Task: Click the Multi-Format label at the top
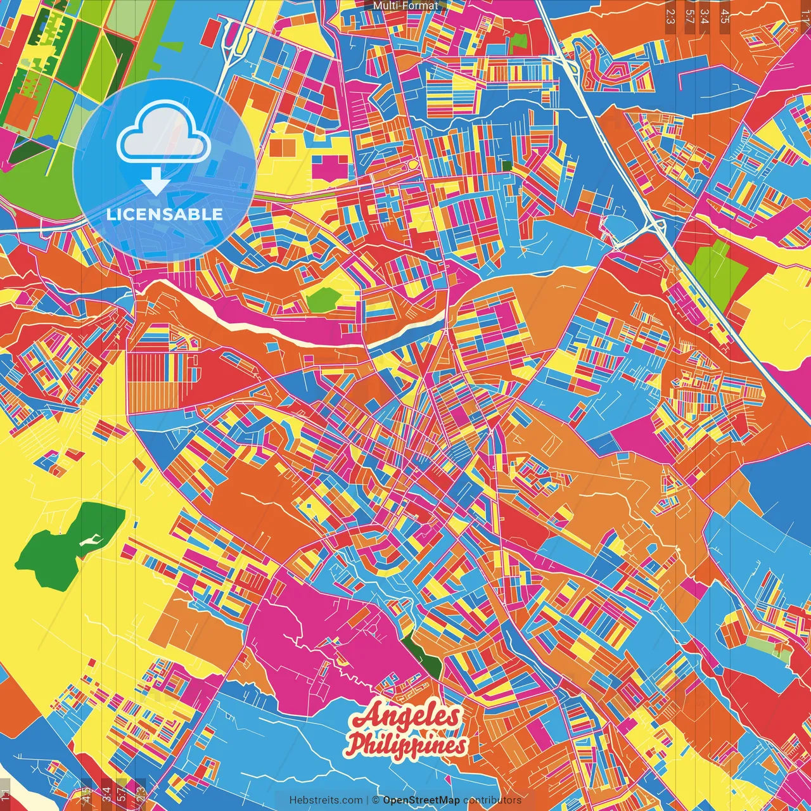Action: [405, 6]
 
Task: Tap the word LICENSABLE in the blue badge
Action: [165, 214]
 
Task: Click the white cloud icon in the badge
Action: [163, 136]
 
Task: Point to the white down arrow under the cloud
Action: [155, 182]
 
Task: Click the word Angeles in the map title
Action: [407, 717]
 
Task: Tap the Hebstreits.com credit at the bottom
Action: [326, 800]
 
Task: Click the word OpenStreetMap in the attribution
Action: [421, 800]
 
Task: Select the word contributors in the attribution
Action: [492, 800]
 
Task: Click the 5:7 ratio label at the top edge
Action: [689, 15]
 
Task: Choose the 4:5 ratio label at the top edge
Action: [724, 15]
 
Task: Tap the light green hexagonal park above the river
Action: [323, 299]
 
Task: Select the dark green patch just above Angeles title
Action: [423, 656]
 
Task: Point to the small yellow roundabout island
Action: [412, 165]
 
